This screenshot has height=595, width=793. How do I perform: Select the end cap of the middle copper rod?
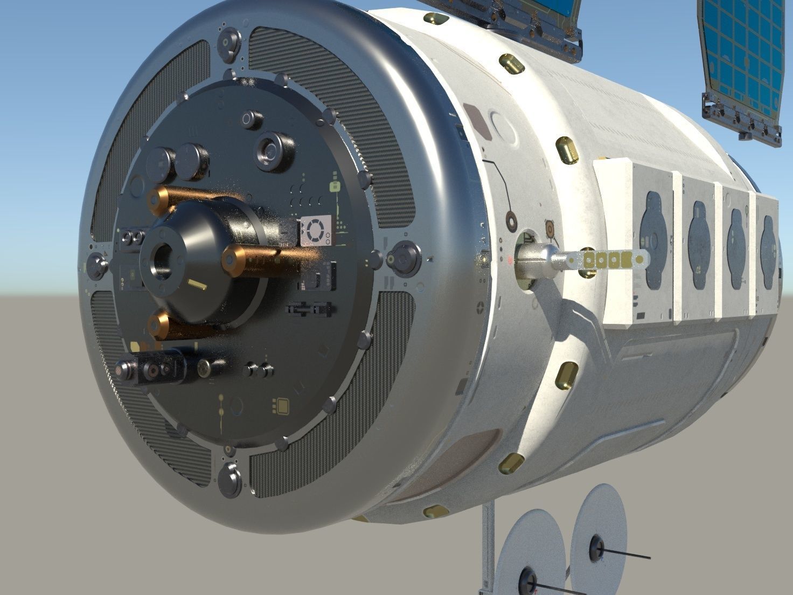coord(232,260)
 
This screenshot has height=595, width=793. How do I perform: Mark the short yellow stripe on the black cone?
coord(197,285)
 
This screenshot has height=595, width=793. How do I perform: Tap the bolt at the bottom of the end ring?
coord(230,479)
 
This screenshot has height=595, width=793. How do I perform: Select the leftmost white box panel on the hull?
coord(635,243)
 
